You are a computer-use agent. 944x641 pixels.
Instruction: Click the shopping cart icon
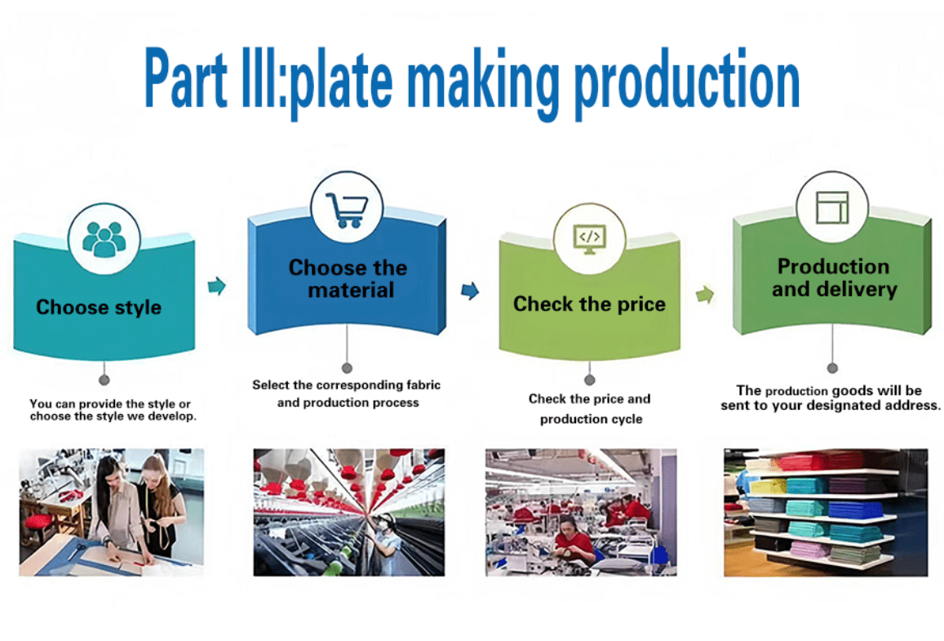[x=347, y=210]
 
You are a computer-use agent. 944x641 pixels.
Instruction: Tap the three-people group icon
[x=104, y=240]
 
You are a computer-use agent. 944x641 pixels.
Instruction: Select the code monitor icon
[x=589, y=240]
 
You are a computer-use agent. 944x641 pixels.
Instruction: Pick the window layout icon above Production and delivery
[x=832, y=208]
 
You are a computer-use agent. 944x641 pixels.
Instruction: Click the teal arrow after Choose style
[x=217, y=286]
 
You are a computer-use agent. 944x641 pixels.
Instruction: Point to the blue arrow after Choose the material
[x=470, y=291]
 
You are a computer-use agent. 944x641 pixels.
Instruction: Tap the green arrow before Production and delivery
[x=705, y=295]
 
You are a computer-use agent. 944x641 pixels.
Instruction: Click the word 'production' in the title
[x=687, y=82]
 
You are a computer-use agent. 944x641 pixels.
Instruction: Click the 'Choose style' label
[x=99, y=307]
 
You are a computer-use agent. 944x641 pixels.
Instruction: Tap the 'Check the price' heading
[x=589, y=305]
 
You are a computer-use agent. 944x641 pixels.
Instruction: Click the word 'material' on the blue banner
[x=351, y=291]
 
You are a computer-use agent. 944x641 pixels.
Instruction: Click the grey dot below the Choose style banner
[x=104, y=381]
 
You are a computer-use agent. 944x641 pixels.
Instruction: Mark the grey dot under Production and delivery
[x=832, y=368]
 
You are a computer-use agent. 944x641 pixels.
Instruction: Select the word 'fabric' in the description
[x=423, y=385]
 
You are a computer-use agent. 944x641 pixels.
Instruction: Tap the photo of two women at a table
[x=112, y=512]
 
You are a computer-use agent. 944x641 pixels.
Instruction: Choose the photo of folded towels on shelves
[x=826, y=512]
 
